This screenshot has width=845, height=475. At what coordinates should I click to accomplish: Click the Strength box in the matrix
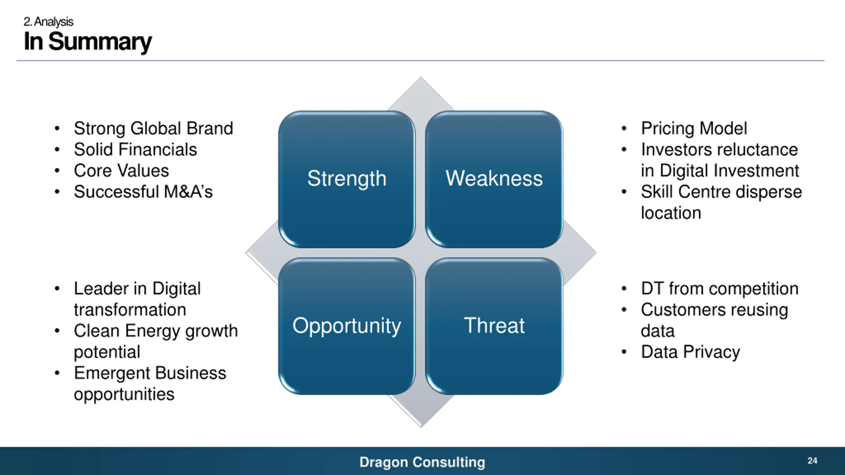pyautogui.click(x=347, y=179)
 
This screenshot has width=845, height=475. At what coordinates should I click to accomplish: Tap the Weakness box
pyautogui.click(x=494, y=179)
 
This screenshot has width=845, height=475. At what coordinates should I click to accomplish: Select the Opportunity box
pyautogui.click(x=347, y=326)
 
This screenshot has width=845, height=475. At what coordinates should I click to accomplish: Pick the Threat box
pyautogui.click(x=494, y=326)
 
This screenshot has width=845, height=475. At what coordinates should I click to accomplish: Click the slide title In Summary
pyautogui.click(x=88, y=42)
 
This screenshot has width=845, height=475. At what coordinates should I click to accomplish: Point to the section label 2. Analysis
pyautogui.click(x=49, y=22)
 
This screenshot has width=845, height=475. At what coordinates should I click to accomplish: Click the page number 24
pyautogui.click(x=812, y=460)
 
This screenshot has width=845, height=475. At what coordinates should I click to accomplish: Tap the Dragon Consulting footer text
pyautogui.click(x=422, y=462)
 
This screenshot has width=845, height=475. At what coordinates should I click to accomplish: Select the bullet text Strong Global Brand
pyautogui.click(x=153, y=128)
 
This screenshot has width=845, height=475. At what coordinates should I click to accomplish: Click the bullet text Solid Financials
pyautogui.click(x=135, y=149)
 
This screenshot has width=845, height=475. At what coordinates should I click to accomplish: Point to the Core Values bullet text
pyautogui.click(x=121, y=171)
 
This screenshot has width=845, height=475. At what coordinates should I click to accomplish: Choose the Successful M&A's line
pyautogui.click(x=143, y=192)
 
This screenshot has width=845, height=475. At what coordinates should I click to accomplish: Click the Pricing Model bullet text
pyautogui.click(x=694, y=128)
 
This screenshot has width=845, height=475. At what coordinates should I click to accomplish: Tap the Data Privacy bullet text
pyautogui.click(x=690, y=352)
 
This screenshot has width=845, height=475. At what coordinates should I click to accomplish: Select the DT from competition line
pyautogui.click(x=720, y=289)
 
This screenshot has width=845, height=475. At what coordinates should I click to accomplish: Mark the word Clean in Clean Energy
pyautogui.click(x=97, y=331)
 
